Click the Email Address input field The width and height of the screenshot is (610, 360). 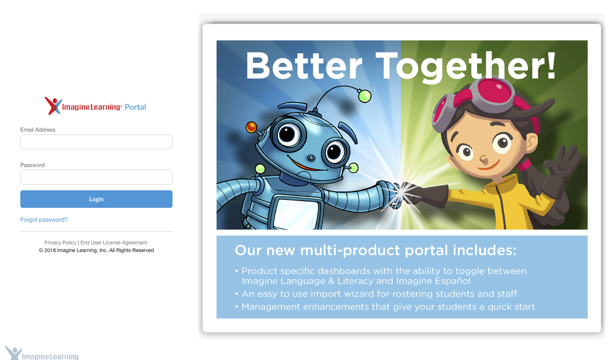click(x=96, y=142)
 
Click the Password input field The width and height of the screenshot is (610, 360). click(x=96, y=177)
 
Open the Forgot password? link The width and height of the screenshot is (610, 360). click(x=44, y=220)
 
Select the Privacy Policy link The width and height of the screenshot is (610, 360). click(x=60, y=243)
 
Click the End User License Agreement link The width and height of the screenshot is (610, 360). click(x=114, y=243)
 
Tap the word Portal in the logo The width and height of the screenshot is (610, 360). click(x=135, y=107)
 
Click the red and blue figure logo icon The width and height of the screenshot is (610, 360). click(x=53, y=106)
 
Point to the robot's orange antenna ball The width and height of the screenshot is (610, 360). click(x=251, y=127)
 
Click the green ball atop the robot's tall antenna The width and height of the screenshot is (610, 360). click(x=365, y=96)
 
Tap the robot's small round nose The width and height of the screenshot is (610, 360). click(x=311, y=158)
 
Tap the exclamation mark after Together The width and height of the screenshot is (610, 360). click(x=551, y=65)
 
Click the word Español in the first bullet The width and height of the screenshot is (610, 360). click(x=452, y=281)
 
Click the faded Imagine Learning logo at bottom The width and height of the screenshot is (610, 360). click(x=42, y=353)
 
